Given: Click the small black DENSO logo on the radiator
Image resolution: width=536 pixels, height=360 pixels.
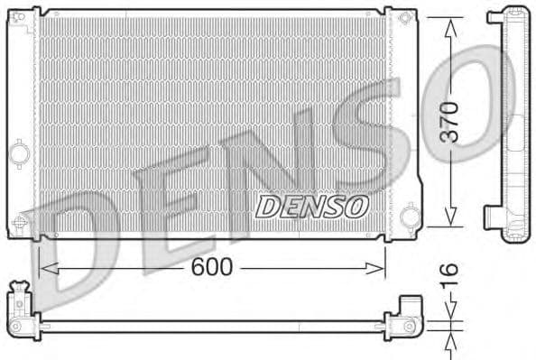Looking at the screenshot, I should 311,206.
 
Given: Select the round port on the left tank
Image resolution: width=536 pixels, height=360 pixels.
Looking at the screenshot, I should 19,155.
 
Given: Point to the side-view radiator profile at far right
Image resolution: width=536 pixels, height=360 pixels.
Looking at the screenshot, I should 509,122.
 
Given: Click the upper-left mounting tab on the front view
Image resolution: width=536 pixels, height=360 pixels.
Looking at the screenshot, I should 21,18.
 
